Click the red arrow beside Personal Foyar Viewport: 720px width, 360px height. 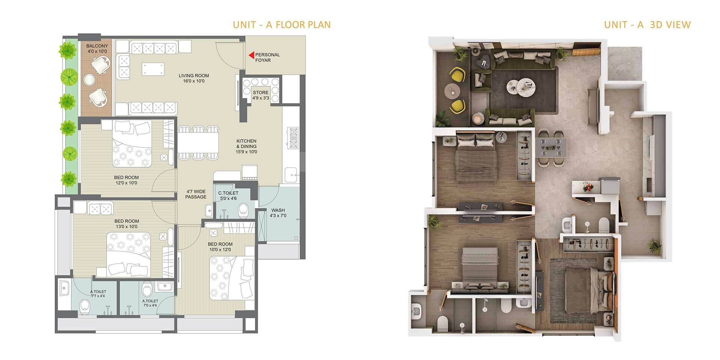tap(251, 55)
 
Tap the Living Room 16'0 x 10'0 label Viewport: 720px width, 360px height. tap(193, 78)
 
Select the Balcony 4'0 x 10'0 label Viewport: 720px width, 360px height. tap(97, 49)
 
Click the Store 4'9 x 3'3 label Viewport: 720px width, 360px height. tap(260, 95)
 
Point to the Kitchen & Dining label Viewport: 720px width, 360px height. tap(246, 146)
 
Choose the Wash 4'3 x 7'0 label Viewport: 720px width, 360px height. tap(278, 213)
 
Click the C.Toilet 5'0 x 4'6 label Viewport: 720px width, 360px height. tap(228, 195)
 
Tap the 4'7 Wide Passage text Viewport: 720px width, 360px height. tap(196, 194)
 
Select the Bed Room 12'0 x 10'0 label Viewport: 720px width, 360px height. tap(126, 180)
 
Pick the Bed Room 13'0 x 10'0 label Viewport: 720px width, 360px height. tap(126, 223)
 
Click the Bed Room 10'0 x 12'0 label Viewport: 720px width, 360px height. tap(220, 246)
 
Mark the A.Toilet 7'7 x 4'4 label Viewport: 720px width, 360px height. tap(98, 294)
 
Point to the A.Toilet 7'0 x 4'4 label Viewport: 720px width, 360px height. tap(150, 303)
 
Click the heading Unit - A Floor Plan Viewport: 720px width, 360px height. tap(282, 25)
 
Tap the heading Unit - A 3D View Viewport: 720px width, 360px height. tap(647, 25)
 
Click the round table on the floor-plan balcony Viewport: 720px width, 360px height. tap(89, 79)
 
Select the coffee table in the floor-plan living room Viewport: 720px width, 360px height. tap(153, 69)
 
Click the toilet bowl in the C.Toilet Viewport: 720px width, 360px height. tap(243, 210)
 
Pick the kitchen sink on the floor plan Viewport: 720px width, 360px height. tap(291, 175)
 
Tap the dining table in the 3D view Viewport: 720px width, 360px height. tap(550, 147)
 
